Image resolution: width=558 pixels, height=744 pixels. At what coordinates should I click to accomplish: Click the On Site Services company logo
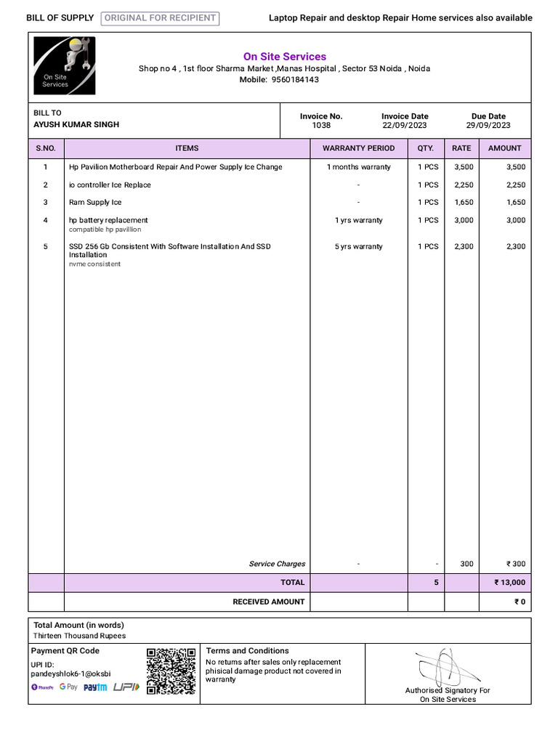pyautogui.click(x=65, y=66)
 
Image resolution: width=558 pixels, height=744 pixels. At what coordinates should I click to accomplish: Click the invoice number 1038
pyautogui.click(x=321, y=125)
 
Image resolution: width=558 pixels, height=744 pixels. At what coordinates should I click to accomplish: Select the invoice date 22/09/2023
pyautogui.click(x=405, y=125)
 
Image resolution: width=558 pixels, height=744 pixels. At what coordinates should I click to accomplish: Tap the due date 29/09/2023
pyautogui.click(x=488, y=125)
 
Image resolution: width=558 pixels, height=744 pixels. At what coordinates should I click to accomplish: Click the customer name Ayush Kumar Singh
pyautogui.click(x=76, y=124)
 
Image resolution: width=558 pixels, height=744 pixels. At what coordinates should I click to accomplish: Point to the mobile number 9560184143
pyautogui.click(x=295, y=80)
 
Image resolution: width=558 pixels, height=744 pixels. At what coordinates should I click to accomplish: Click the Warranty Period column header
pyautogui.click(x=358, y=148)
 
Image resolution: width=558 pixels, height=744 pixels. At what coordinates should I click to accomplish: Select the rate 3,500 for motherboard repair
pyautogui.click(x=464, y=167)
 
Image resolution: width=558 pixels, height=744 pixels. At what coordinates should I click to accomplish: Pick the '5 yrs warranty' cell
pyautogui.click(x=358, y=247)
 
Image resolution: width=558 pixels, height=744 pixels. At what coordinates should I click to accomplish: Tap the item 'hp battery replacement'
pyautogui.click(x=108, y=220)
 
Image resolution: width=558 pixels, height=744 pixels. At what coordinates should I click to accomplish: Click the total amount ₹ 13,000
pyautogui.click(x=509, y=582)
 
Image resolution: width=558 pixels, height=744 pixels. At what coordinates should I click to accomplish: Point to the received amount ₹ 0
pyautogui.click(x=519, y=602)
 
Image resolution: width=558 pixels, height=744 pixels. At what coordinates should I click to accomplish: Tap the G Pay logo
pyautogui.click(x=68, y=687)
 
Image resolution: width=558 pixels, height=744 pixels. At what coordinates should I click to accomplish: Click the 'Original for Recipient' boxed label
pyautogui.click(x=160, y=18)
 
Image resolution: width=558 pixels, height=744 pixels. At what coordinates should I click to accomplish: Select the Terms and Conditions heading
pyautogui.click(x=247, y=651)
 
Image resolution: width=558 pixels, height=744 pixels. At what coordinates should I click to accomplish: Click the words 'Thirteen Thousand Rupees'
pyautogui.click(x=79, y=636)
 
